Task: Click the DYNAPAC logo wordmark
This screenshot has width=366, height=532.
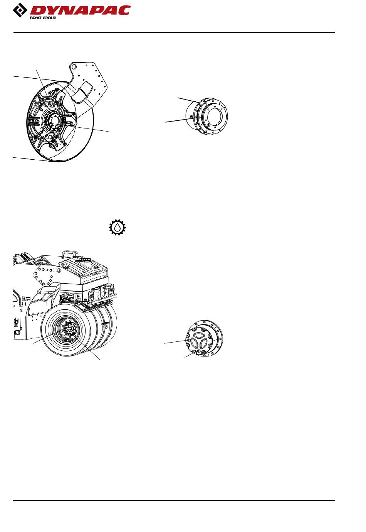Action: tap(80, 10)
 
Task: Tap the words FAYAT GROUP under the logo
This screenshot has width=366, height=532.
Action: tap(43, 18)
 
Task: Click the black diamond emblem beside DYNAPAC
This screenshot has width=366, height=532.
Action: tap(20, 10)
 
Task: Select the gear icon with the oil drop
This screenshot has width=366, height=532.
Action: tap(118, 227)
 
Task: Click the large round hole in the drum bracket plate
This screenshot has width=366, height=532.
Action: tap(74, 67)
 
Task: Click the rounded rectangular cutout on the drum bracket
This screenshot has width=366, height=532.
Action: tap(81, 92)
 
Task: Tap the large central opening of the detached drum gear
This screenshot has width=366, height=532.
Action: tap(215, 116)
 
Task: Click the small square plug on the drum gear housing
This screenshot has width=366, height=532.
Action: tap(191, 117)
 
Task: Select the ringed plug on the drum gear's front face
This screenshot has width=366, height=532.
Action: tap(208, 125)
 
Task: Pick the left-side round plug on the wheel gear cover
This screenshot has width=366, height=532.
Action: tap(188, 340)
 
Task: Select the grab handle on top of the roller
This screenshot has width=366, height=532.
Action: tap(69, 253)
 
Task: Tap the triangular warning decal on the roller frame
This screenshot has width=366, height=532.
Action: tap(24, 299)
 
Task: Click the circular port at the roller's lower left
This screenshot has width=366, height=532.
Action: tap(17, 332)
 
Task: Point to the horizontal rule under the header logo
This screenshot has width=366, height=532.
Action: tap(174, 32)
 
